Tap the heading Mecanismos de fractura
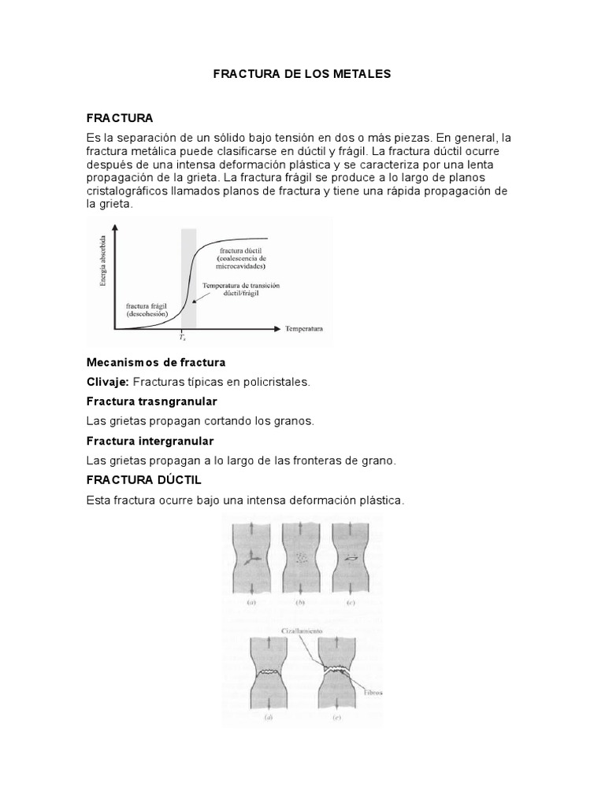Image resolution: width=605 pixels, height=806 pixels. [156, 362]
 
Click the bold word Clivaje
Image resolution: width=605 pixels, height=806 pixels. [107, 382]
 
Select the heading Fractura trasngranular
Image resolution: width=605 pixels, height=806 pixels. [151, 401]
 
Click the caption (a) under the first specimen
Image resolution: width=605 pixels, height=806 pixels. [252, 602]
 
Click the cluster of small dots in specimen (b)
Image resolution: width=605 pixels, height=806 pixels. [300, 558]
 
